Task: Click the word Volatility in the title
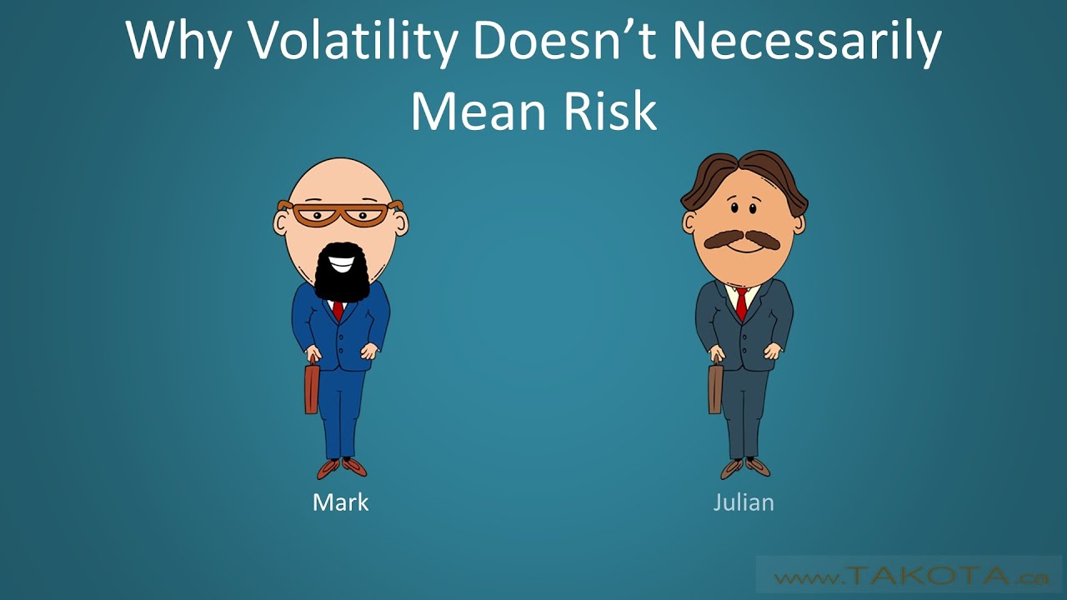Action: point(351,42)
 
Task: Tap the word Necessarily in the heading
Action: point(806,42)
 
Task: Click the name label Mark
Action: point(340,502)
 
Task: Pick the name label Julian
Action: point(744,502)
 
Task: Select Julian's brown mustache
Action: point(742,240)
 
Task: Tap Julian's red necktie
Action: point(741,303)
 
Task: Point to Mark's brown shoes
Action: point(342,467)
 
